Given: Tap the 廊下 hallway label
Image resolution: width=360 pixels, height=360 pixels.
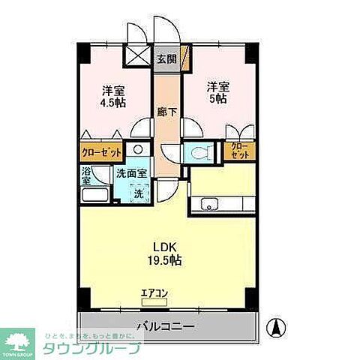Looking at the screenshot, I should [x=167, y=112].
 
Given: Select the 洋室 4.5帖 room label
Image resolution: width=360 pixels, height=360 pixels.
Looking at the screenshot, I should [x=114, y=96].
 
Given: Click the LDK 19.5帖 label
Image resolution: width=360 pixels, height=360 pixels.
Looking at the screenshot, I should [x=166, y=253].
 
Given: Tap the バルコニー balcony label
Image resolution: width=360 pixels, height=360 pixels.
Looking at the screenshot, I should [x=166, y=326].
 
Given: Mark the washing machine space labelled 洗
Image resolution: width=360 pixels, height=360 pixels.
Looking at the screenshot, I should [x=137, y=193].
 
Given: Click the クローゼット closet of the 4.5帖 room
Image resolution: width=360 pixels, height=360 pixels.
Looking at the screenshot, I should [x=103, y=152].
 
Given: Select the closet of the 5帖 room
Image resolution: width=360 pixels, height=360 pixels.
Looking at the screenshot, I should [x=240, y=150].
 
